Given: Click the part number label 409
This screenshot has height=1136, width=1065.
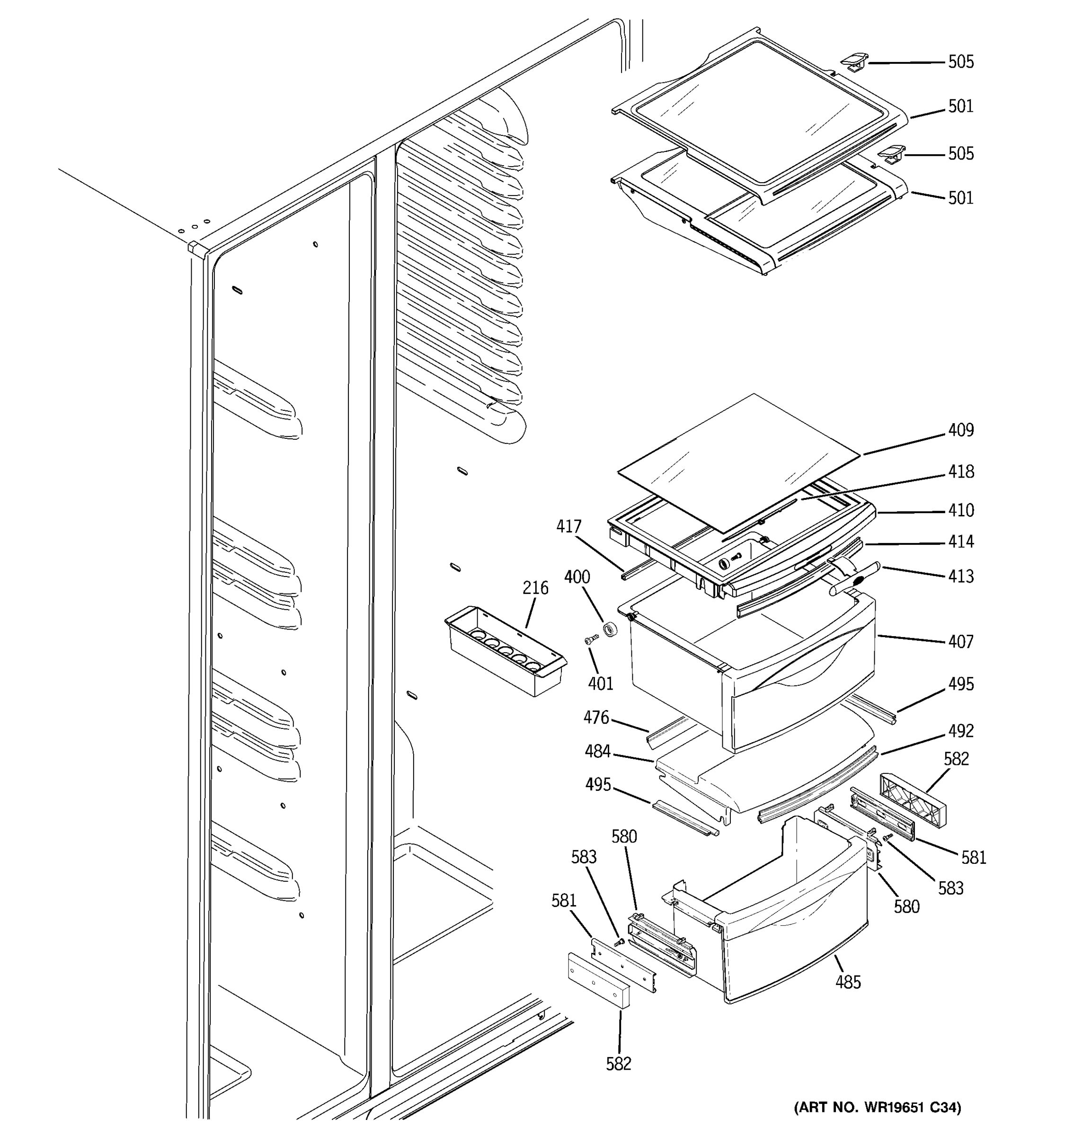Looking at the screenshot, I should pyautogui.click(x=960, y=430).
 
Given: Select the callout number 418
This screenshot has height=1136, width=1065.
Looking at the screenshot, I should pyautogui.click(x=960, y=471).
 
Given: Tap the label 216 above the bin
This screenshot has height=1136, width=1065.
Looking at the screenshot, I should pyautogui.click(x=535, y=587).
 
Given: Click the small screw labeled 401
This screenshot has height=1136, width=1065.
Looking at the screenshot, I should pyautogui.click(x=590, y=641).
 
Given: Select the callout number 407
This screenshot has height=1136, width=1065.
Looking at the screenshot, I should pyautogui.click(x=960, y=641).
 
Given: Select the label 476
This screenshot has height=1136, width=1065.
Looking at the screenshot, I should pyautogui.click(x=596, y=717).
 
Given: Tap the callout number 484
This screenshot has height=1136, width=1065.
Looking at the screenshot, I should pyautogui.click(x=597, y=752).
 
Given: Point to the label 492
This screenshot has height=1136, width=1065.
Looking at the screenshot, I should pyautogui.click(x=960, y=730).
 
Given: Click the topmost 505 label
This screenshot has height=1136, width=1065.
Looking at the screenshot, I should pyautogui.click(x=960, y=62).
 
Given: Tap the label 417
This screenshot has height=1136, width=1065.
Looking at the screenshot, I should pyautogui.click(x=568, y=526).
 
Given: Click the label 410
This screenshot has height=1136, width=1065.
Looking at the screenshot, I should pyautogui.click(x=960, y=510).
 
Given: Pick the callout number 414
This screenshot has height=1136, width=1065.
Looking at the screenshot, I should pyautogui.click(x=960, y=541).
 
